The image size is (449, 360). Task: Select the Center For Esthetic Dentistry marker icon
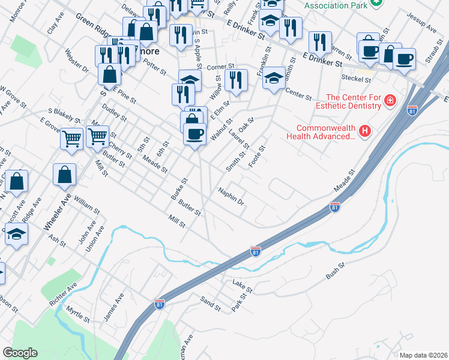click(390, 100)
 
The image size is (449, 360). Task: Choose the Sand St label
click(211, 304)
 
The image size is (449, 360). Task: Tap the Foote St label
click(258, 157)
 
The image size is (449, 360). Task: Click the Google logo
click(20, 352)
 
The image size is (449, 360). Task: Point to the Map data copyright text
click(423, 355)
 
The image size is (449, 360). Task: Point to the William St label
click(88, 206)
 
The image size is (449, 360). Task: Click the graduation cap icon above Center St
click(274, 77)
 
